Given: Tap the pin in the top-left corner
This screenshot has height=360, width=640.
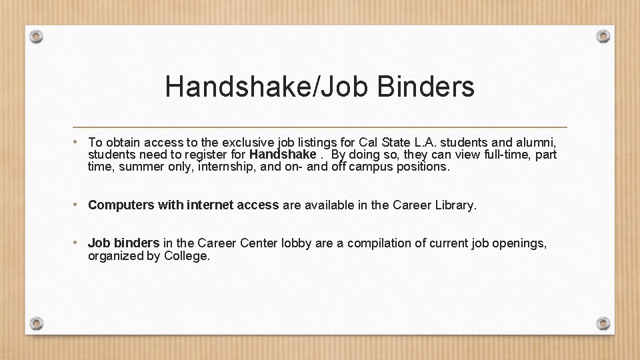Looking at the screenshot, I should click(x=37, y=36).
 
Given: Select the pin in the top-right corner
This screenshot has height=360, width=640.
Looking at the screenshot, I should click(x=603, y=36).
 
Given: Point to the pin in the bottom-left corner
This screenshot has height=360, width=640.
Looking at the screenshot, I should click(x=37, y=323).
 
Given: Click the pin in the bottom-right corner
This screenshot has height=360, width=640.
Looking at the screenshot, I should click(x=603, y=323).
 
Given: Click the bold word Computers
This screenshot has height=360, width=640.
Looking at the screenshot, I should click(x=121, y=205).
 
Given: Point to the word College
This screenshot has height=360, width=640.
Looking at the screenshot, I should click(x=187, y=256).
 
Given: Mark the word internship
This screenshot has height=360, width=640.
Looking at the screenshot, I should click(x=220, y=167).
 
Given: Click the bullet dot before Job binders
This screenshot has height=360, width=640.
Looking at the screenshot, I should click(x=77, y=243).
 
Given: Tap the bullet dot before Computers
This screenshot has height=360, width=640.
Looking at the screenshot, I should click(x=77, y=205).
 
